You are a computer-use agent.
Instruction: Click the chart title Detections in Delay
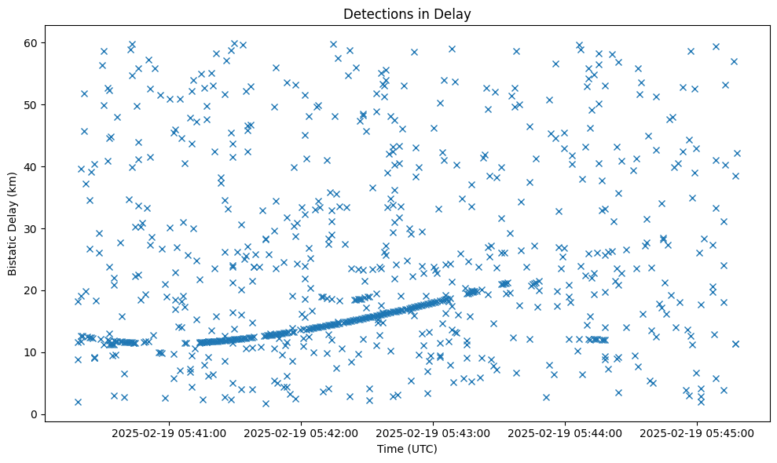(x=407, y=13)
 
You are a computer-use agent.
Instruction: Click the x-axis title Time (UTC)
(x=407, y=450)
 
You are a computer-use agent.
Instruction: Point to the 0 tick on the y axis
(x=34, y=414)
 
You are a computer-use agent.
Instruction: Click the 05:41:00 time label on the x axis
(x=169, y=432)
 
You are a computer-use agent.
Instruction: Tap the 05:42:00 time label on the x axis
(x=301, y=432)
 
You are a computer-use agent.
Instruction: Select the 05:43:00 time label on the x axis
(x=433, y=432)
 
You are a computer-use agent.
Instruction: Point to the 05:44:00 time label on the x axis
(x=565, y=432)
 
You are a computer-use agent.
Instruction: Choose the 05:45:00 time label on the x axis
(x=697, y=432)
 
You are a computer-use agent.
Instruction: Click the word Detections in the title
(x=374, y=13)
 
